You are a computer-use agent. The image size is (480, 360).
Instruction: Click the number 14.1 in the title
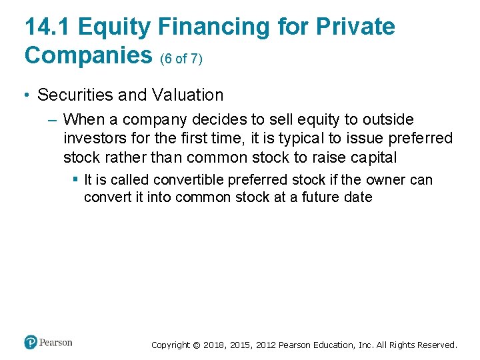tap(47, 27)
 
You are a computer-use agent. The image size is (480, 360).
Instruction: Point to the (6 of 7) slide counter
tap(181, 59)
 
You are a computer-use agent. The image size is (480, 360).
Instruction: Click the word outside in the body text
tap(387, 120)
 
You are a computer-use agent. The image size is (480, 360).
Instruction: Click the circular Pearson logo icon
tap(31, 343)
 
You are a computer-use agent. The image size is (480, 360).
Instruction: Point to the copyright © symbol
tap(196, 345)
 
